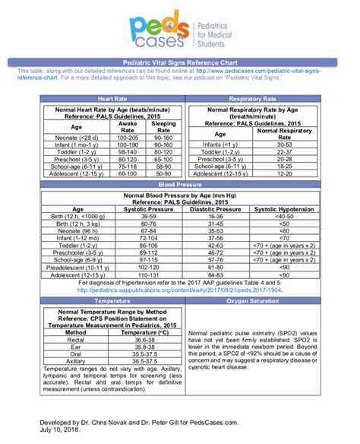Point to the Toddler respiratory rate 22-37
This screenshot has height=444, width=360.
click(285, 150)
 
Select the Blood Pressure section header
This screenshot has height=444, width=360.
click(180, 184)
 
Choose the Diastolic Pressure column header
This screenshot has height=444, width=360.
click(219, 208)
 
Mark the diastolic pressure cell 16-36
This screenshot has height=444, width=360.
click(219, 216)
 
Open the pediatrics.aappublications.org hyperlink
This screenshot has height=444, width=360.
click(180, 289)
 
